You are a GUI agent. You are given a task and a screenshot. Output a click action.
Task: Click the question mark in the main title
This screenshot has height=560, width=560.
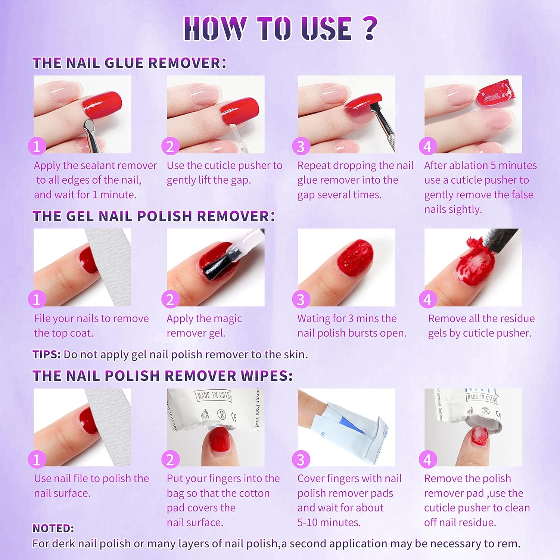coord(370,28)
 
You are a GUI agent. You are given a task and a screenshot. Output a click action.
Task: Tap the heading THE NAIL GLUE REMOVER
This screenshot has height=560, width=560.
coord(129,63)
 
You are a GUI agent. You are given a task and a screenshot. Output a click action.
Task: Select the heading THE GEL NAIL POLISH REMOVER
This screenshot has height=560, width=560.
coord(153,216)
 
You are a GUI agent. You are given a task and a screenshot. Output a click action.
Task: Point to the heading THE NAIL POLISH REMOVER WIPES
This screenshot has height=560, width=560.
coord(162,376)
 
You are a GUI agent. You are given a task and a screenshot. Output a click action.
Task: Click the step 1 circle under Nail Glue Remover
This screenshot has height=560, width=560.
coord(37,146)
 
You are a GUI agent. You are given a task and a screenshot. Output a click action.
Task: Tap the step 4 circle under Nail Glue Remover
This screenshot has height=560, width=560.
coord(428,146)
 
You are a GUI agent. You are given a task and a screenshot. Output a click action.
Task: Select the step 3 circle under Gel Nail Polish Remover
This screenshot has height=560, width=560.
coord(301,299)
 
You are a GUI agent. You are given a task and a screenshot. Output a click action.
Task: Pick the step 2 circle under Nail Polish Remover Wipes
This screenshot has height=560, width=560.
coord(170,460)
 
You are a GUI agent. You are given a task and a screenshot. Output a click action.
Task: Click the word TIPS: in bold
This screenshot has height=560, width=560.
coord(47,354)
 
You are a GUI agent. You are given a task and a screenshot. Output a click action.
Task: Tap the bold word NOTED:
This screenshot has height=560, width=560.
coord(53,528)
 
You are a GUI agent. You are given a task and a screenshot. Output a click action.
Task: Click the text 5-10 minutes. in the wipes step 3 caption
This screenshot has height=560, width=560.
coord(329,522)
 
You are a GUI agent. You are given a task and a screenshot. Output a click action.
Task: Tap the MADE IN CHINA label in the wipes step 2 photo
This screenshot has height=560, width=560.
coord(214,396)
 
